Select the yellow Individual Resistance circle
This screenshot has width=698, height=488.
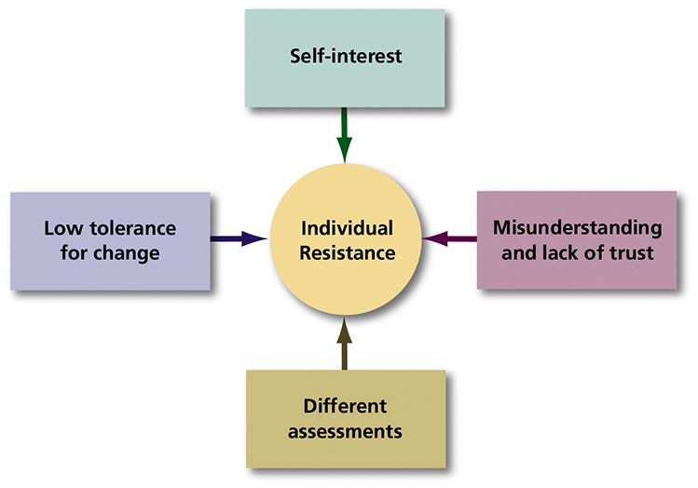347,239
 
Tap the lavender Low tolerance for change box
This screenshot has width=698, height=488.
110,239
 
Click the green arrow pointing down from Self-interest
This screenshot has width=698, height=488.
345,135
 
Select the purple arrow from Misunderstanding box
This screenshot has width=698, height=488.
449,239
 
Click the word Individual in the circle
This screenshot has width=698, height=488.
347,228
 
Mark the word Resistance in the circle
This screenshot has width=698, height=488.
347,252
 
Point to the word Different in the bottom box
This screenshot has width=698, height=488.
345,407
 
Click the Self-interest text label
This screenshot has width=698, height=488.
345,57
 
